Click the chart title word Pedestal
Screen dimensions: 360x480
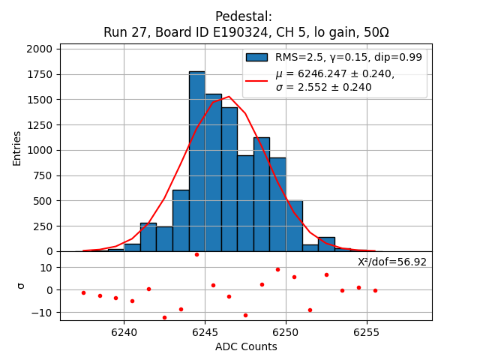point(243,16)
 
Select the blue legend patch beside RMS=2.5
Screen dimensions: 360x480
point(256,57)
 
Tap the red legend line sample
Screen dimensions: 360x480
point(256,80)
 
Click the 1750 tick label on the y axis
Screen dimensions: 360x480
point(38,74)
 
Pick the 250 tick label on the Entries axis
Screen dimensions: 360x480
point(43,226)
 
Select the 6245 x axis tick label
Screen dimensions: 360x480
point(205,331)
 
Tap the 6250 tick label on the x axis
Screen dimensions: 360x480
point(286,331)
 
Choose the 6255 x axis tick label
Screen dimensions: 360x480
point(366,331)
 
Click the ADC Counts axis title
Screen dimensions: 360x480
point(246,346)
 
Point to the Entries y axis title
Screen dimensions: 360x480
point(17,148)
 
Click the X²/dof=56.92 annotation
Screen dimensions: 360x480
point(391,262)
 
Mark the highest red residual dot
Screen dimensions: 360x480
point(196,254)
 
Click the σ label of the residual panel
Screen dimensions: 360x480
point(20,286)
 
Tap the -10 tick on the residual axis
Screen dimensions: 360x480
point(43,312)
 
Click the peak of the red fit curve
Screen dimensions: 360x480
point(229,96)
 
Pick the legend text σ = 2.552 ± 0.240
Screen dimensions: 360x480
point(323,87)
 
